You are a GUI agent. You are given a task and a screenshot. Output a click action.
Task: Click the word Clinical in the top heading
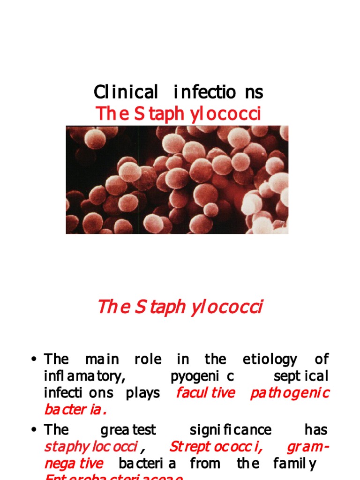pos(126,92)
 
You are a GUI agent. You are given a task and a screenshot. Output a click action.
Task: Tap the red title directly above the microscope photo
pos(178,114)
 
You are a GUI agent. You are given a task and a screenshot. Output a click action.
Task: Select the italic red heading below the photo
pos(180,307)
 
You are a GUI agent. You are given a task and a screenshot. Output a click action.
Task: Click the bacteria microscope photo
pos(177,180)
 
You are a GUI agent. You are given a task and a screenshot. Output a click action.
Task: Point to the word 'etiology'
pos(270,360)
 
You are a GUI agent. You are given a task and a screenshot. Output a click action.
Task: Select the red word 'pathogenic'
pos(290,393)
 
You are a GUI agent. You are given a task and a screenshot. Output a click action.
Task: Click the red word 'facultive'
pos(205,393)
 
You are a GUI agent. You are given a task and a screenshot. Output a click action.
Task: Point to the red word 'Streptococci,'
pos(216,447)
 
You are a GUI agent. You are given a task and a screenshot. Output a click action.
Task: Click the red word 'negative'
pos(74,464)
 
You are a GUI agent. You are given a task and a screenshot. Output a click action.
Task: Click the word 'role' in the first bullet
pos(148,360)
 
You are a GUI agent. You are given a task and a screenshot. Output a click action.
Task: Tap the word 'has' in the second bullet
pos(316,430)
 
